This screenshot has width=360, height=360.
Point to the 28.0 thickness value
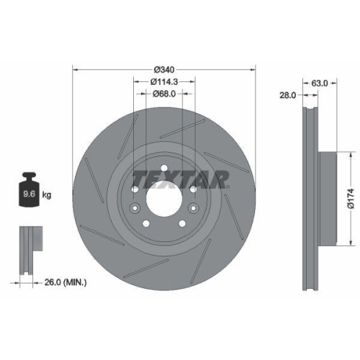coord(287,94)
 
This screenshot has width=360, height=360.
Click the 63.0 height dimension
coord(318,83)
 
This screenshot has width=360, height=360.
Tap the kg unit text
coord(46,194)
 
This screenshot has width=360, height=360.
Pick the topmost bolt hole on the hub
coord(165,169)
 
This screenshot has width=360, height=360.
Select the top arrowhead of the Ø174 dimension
coord(351,153)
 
